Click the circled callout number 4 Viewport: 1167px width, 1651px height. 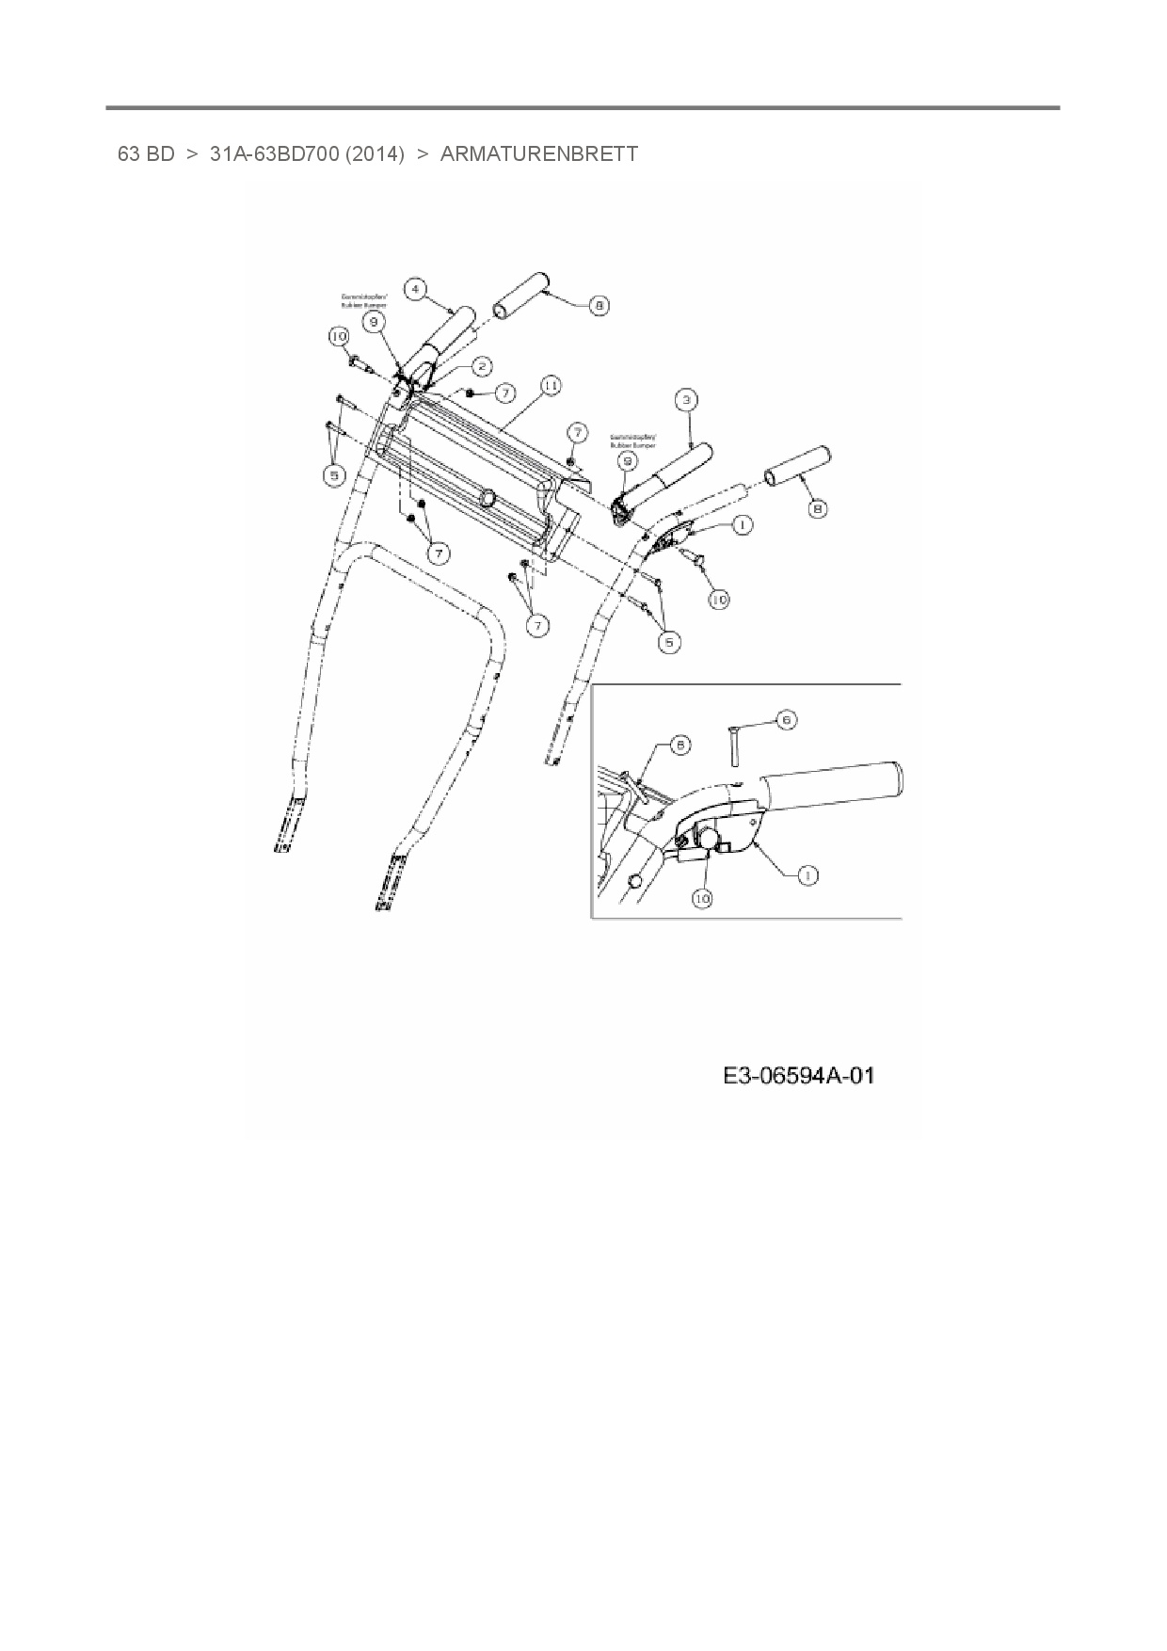tap(416, 288)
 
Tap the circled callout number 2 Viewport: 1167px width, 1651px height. tap(481, 365)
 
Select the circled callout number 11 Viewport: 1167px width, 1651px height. tap(551, 386)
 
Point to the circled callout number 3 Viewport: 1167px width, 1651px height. tap(687, 400)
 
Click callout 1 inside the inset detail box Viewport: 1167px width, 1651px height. tap(806, 875)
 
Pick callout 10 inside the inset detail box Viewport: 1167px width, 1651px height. tap(702, 898)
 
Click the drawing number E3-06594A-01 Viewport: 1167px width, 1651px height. tap(798, 1075)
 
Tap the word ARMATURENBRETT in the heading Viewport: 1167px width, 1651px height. tap(538, 153)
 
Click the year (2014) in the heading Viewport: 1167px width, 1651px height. tap(375, 153)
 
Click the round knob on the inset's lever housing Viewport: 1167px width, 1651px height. tap(708, 834)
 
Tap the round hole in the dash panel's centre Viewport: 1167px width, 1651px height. tap(488, 496)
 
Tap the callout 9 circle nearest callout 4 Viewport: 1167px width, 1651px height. tap(374, 321)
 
